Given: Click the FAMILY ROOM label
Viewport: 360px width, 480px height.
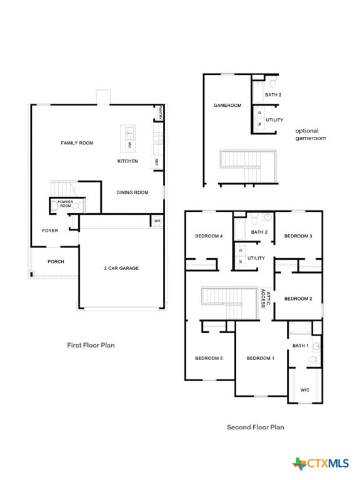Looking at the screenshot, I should pos(77,143).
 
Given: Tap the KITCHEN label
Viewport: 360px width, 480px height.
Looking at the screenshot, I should pos(127,161).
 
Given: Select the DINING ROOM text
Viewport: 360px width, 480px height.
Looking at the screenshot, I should pos(132,192).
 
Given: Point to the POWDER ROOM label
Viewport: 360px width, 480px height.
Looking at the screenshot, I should pos(66,204).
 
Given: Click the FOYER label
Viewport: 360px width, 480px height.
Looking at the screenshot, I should pos(50,231).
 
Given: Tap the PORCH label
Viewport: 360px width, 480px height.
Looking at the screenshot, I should pos(56,261).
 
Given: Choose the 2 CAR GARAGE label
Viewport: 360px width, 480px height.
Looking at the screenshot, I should pos(121,268).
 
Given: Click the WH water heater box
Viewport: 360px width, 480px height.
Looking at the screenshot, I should pos(157,221).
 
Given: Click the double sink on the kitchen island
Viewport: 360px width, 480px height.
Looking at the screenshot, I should pos(131,132).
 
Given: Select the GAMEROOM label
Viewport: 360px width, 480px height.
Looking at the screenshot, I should pos(227,106).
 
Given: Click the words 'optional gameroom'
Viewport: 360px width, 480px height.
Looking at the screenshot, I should pos(311,134).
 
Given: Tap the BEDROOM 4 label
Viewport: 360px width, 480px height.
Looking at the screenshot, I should pos(209,236).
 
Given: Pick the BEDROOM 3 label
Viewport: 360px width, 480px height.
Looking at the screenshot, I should pos(298,236).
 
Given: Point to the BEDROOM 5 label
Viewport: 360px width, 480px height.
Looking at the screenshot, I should pos(209,358).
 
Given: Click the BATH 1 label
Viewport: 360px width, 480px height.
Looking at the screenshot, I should pos(301,346).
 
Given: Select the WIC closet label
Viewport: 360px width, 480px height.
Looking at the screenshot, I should pos(305,389).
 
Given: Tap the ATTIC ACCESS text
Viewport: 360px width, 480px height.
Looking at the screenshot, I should pos(266,299).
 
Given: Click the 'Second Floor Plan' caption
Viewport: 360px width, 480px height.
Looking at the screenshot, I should pos(255,427).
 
